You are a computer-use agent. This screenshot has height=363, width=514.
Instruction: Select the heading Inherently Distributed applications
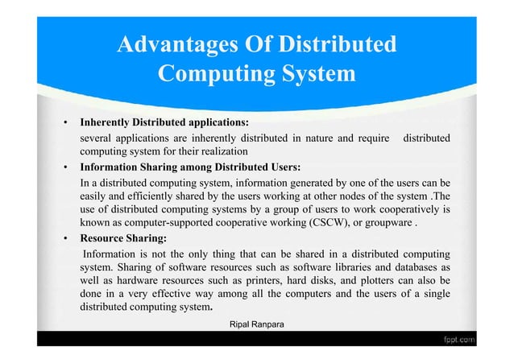coord(164,123)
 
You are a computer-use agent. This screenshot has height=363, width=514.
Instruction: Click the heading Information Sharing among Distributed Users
coord(190,168)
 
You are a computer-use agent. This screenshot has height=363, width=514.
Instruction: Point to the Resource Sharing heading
coord(123,239)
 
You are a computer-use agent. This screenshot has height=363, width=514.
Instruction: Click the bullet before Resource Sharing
coord(64,239)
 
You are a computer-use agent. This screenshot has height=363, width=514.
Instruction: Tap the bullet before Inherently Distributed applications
coord(64,123)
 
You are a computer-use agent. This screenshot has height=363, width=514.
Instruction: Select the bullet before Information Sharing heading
coord(64,168)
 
